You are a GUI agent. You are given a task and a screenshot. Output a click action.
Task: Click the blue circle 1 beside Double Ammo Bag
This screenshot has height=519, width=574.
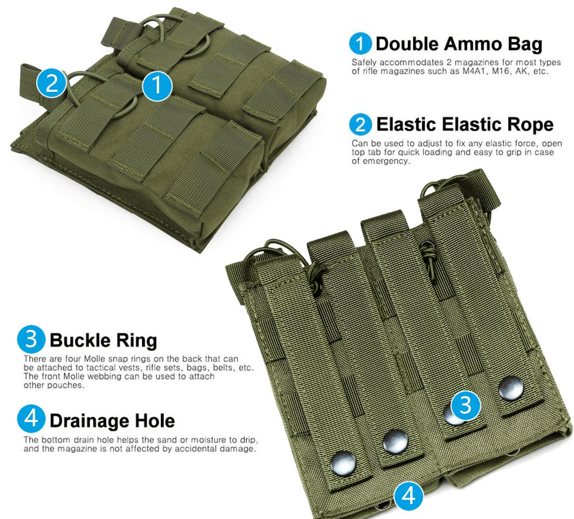360,44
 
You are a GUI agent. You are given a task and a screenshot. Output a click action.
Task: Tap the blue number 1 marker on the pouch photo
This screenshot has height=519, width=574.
157,86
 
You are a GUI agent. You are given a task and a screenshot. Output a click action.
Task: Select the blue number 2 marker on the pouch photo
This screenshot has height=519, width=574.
52,83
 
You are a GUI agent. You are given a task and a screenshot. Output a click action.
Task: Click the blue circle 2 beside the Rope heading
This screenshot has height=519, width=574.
360,124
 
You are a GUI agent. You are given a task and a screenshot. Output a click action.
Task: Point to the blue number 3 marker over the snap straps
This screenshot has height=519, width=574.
465,405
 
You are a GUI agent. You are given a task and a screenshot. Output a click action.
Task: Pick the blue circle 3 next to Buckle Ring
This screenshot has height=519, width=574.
31,339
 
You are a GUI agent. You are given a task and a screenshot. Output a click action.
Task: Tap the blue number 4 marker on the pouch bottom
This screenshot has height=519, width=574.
409,496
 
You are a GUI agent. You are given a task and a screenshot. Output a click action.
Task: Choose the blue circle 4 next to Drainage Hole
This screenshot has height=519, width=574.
31,419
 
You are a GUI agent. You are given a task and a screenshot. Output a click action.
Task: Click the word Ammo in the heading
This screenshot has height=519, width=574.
473,44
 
